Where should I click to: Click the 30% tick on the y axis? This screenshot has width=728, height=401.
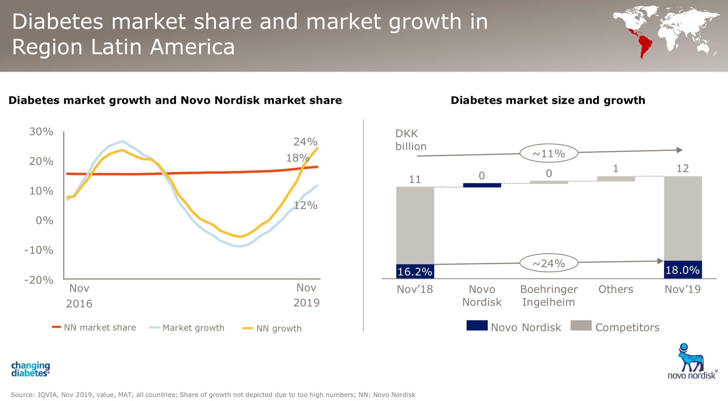click(41, 132)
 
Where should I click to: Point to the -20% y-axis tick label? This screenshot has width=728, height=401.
click(39, 280)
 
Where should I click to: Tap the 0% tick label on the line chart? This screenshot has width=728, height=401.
click(44, 220)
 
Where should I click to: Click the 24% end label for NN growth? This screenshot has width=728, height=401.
click(305, 142)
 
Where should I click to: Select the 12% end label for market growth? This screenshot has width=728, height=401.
click(305, 205)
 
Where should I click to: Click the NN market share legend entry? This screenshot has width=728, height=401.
click(94, 328)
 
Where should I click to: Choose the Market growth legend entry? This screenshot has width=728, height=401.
click(187, 328)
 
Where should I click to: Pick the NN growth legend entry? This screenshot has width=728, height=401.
click(272, 329)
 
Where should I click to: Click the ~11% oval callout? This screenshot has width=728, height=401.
click(549, 153)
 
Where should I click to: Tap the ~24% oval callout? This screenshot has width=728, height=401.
click(549, 263)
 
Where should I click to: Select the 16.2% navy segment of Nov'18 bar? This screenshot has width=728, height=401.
click(415, 272)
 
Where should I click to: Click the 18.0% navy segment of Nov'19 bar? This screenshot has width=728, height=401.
click(683, 270)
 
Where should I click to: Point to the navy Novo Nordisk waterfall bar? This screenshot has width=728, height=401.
click(482, 185)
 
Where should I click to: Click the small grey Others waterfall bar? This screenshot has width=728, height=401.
click(616, 179)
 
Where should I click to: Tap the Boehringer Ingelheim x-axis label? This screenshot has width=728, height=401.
click(549, 296)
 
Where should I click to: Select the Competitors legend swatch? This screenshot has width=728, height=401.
click(581, 326)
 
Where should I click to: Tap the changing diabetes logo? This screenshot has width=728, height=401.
click(30, 369)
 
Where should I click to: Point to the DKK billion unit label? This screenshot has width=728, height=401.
click(411, 140)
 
